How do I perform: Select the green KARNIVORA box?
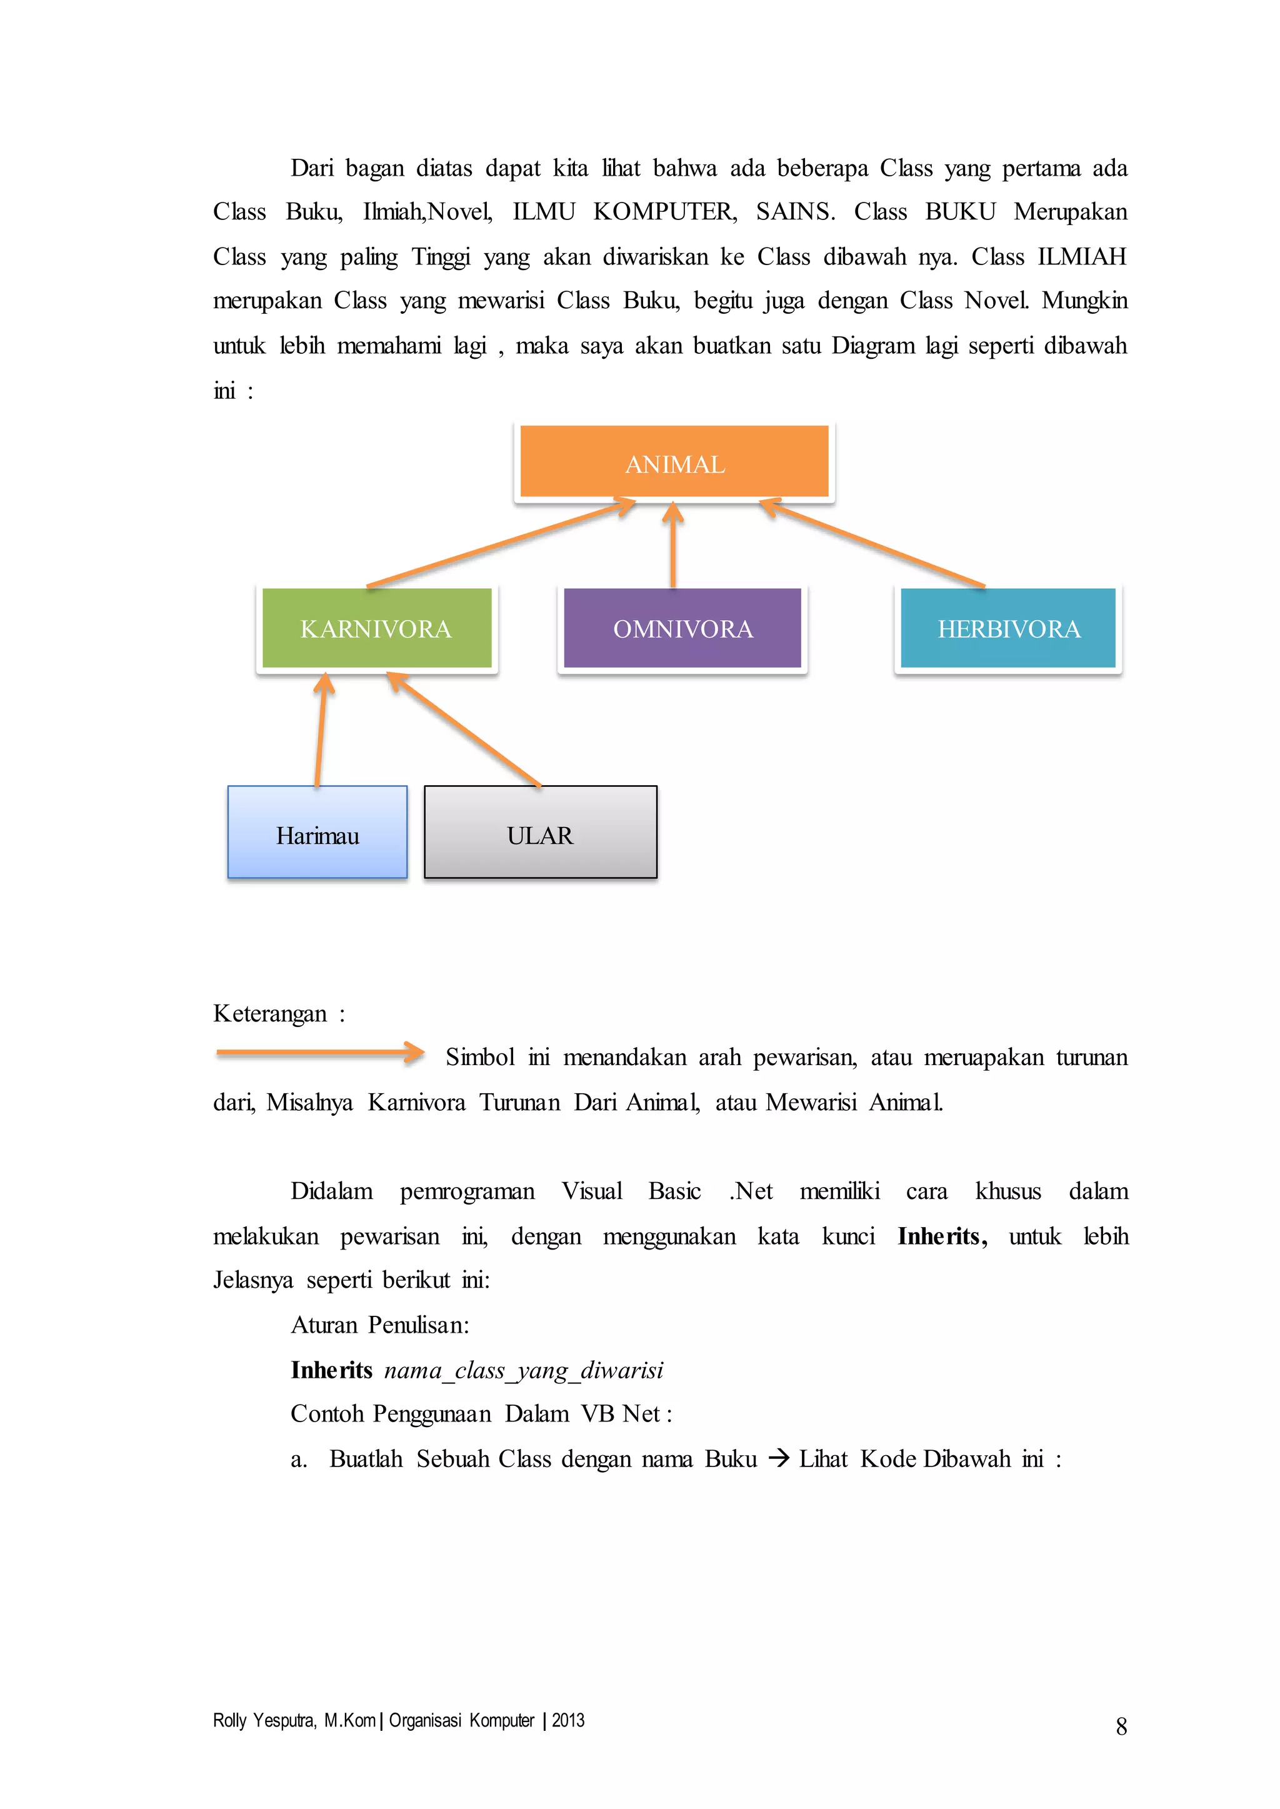[376, 628]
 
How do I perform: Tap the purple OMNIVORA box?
[682, 628]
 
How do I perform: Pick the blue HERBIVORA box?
[1008, 628]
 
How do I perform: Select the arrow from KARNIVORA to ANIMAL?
[501, 543]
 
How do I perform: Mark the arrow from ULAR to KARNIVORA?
[464, 729]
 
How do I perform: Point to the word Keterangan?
[269, 1013]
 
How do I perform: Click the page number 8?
[1121, 1727]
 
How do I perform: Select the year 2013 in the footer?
[568, 1721]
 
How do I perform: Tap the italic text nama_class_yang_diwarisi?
[523, 1370]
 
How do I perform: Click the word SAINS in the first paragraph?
[794, 212]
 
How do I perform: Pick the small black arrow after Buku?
[778, 1459]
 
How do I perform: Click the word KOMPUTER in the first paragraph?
[664, 212]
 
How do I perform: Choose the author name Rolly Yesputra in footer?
[264, 1721]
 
